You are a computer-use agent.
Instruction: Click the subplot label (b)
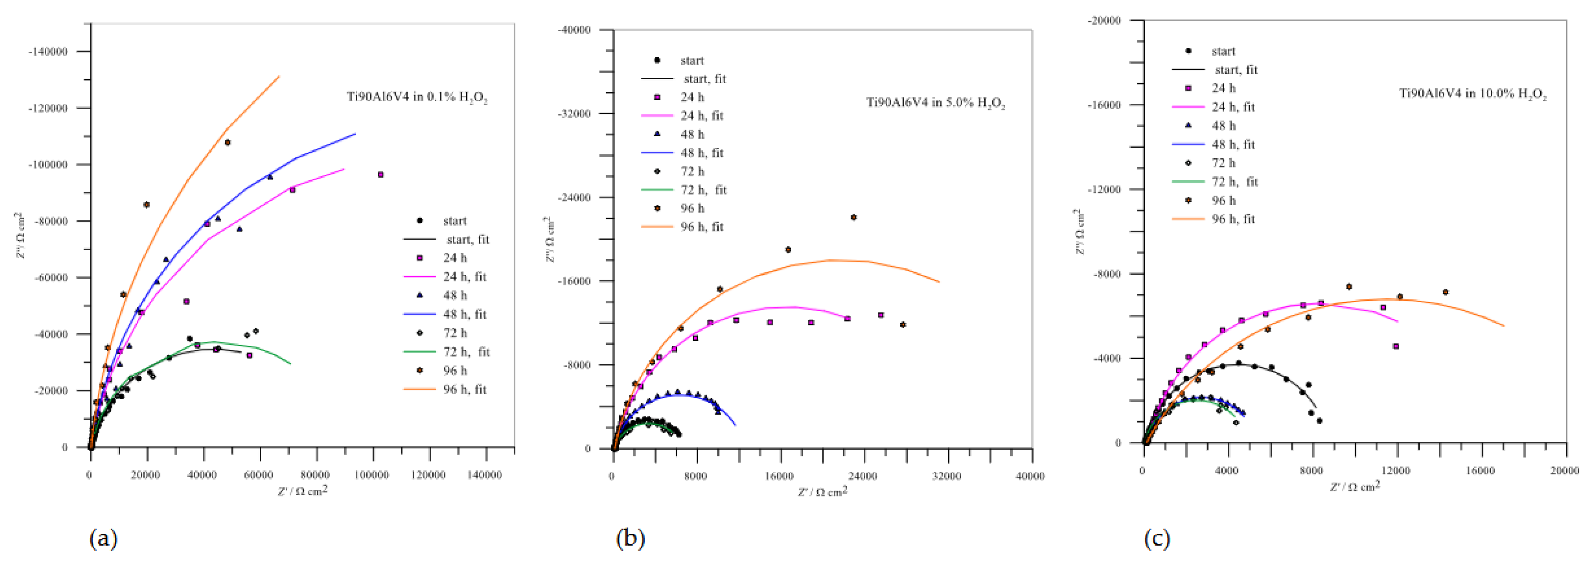click(630, 539)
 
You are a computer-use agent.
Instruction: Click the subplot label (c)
click(1157, 539)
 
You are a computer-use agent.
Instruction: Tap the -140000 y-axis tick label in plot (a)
click(47, 52)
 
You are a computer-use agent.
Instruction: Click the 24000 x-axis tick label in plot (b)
click(862, 476)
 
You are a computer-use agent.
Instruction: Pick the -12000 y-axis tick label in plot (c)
click(1105, 189)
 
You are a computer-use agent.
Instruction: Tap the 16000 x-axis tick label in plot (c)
click(1480, 471)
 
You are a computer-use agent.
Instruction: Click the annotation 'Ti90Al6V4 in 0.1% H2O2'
click(417, 98)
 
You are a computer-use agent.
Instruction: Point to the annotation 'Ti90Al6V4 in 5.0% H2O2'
click(935, 103)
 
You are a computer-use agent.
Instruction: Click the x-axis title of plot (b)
click(822, 492)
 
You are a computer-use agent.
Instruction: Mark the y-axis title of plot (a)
click(20, 236)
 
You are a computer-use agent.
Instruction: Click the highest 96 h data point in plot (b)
click(854, 218)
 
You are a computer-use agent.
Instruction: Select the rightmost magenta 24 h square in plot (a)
click(380, 175)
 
